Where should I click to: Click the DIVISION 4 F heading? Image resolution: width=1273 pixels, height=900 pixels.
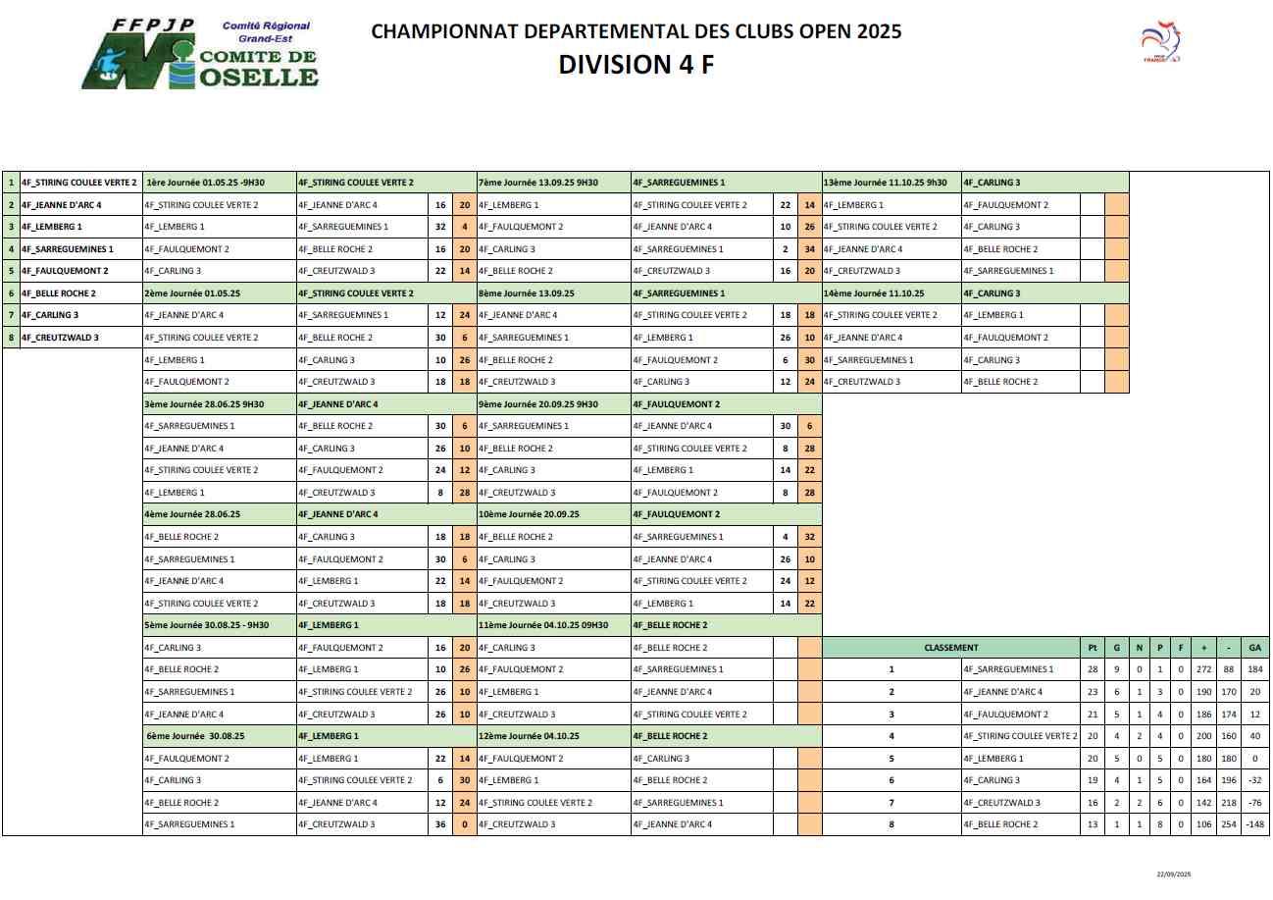[x=636, y=65]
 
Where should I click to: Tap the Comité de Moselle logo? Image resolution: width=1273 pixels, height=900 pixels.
[x=200, y=54]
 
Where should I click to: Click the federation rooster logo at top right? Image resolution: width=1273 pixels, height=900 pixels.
[x=1161, y=43]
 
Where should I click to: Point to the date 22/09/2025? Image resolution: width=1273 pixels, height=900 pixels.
[x=1172, y=874]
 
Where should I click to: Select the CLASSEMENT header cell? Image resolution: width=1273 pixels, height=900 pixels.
[x=950, y=648]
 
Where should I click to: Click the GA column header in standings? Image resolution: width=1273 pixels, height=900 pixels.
[x=1254, y=648]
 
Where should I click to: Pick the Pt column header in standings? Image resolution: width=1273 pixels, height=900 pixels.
[x=1092, y=648]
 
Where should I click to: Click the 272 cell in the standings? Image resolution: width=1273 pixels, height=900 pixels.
[x=1203, y=669]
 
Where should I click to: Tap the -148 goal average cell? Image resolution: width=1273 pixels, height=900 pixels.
[x=1254, y=824]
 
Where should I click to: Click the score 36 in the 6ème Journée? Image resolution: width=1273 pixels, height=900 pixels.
[x=441, y=824]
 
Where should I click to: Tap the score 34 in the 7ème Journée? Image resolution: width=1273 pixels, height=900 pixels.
[x=809, y=249]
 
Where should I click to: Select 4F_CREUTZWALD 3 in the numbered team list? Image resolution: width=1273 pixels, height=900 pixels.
[x=60, y=338]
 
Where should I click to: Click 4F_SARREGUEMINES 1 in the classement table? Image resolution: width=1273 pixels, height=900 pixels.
[x=1008, y=669]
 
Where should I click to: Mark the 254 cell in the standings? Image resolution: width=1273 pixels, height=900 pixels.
[x=1229, y=824]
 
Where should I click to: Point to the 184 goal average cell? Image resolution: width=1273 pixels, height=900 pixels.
[x=1254, y=669]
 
